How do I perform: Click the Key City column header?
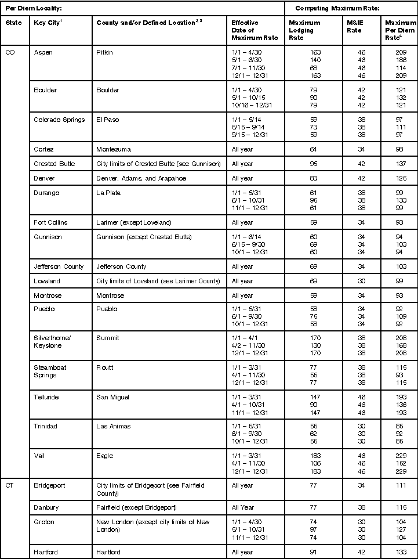[48, 23]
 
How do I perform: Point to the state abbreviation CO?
[10, 52]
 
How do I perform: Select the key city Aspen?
[43, 52]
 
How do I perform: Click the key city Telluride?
[46, 397]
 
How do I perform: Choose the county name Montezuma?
[114, 149]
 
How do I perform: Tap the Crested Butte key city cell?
[54, 164]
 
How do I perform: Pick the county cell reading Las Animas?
[114, 426]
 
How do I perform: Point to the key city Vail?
[39, 456]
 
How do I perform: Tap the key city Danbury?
[46, 507]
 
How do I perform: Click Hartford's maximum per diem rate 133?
[401, 551]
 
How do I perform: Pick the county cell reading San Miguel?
[113, 397]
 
